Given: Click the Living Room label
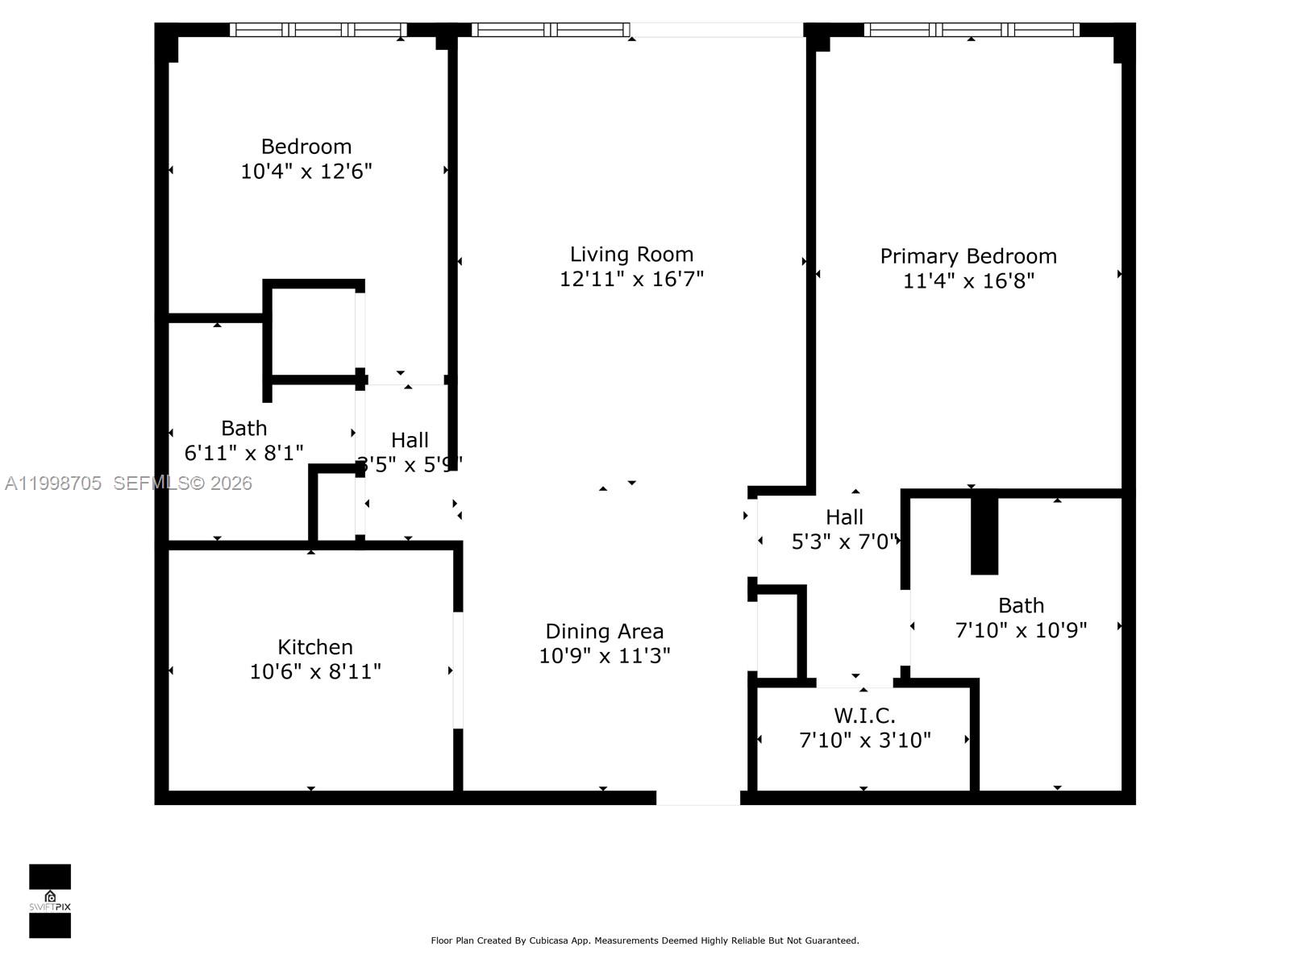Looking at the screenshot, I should click(631, 255).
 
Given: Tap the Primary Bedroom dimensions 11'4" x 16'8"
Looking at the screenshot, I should click(968, 280).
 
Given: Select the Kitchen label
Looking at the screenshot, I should click(314, 647).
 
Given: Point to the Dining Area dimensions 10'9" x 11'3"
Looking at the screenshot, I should click(604, 656).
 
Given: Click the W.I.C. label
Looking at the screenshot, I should click(864, 716).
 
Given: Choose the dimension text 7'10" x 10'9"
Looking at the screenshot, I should click(1021, 630).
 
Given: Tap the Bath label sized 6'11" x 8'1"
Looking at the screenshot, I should click(243, 428).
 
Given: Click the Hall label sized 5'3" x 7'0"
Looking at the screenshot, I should click(844, 517).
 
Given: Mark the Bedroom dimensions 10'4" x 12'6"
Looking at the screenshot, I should click(306, 171).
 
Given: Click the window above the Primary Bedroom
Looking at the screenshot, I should click(972, 30).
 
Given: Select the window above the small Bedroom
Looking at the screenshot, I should click(318, 30).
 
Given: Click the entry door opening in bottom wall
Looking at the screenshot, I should click(697, 798).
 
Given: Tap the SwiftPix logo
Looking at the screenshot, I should click(50, 901).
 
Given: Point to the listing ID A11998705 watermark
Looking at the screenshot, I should click(53, 483).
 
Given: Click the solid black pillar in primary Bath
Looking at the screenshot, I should click(984, 533).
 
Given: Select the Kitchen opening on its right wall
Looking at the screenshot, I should click(458, 670).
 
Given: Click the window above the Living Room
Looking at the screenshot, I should click(550, 30).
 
